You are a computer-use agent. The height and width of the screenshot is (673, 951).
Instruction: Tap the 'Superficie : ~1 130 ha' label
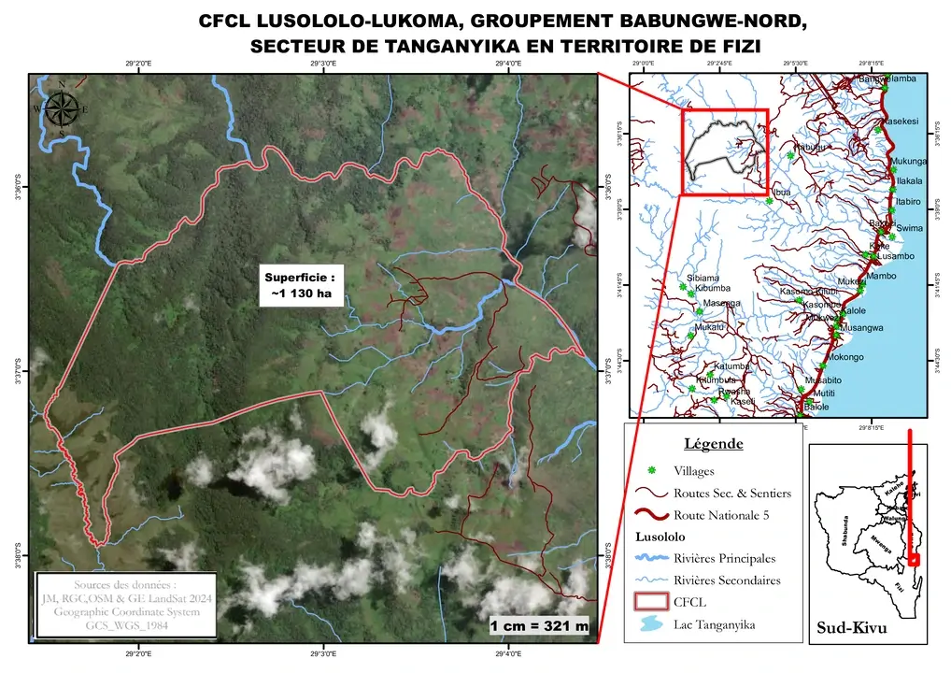(x=297, y=285)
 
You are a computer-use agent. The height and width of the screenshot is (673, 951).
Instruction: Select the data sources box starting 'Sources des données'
(x=125, y=606)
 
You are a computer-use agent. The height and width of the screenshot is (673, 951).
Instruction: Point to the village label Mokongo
(x=845, y=357)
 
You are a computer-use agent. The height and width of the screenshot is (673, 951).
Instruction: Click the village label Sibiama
(x=703, y=278)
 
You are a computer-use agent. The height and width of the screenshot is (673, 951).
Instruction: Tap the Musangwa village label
(x=861, y=328)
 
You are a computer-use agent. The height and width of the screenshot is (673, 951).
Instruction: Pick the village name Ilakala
(x=908, y=181)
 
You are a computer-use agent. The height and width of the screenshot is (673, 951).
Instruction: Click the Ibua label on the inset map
(x=782, y=193)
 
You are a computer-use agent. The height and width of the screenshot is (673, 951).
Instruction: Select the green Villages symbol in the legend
(x=651, y=470)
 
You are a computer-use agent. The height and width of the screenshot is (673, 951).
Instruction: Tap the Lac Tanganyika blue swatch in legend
(x=651, y=624)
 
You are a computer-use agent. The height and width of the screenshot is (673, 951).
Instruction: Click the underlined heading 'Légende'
(x=714, y=443)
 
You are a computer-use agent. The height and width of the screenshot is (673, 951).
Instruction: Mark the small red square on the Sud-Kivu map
(x=914, y=560)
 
